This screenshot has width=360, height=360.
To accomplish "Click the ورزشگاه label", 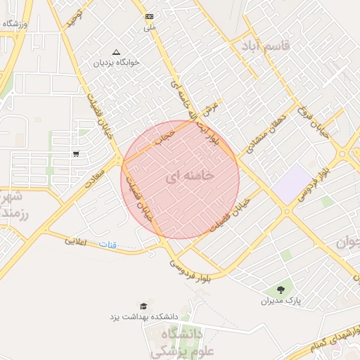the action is point(16,24).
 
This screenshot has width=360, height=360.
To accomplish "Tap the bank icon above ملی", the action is point(149,16).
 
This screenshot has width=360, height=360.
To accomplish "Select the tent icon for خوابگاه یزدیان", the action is point(117,51).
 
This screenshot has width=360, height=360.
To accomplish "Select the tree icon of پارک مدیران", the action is point(281,289).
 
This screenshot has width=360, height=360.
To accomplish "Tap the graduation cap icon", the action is point(144,306).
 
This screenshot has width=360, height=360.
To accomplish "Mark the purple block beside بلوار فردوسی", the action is point(291,182).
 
